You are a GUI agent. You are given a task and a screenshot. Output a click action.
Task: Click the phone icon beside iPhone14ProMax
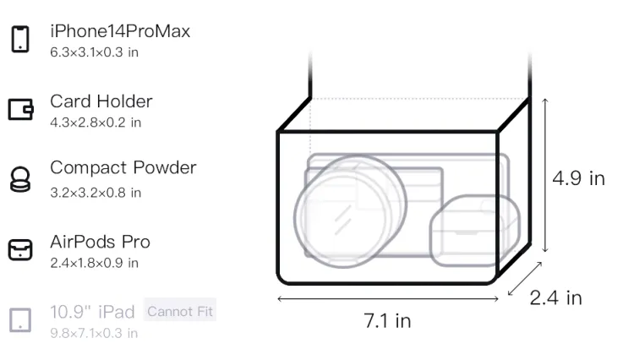click(x=20, y=39)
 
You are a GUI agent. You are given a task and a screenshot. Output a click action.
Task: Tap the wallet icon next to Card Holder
click(x=20, y=109)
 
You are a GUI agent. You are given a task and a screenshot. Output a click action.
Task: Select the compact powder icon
click(x=20, y=179)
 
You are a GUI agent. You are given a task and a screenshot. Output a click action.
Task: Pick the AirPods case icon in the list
click(x=20, y=249)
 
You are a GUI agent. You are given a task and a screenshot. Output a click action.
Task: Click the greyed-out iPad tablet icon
click(x=20, y=320)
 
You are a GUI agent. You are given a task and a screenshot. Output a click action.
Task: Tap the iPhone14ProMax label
click(x=120, y=31)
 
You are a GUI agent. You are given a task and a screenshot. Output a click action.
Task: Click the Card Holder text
click(x=101, y=101)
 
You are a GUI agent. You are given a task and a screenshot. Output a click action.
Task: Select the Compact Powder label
click(x=123, y=167)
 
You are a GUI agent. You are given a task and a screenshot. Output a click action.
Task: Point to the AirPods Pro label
click(x=101, y=242)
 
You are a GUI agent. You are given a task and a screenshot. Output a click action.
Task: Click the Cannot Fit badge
click(x=180, y=311)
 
